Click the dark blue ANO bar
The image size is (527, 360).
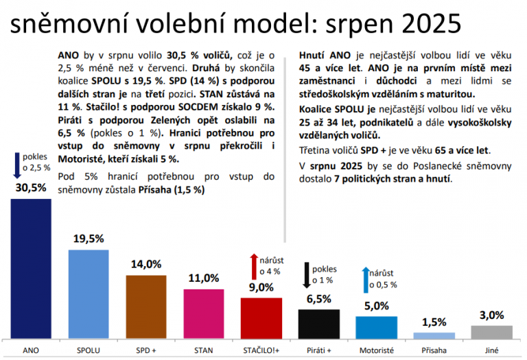click(31, 269)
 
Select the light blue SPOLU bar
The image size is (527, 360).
click(89, 294)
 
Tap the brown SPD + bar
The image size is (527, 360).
click(145, 307)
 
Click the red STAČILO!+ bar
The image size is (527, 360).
click(261, 318)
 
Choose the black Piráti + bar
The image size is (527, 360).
click(318, 324)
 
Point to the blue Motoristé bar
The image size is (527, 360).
click(376, 327)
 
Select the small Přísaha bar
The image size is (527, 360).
click(434, 335)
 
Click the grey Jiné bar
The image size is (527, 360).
click(491, 332)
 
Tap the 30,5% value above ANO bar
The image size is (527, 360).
click(31, 187)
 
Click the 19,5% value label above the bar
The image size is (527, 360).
click(89, 239)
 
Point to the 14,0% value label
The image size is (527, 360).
click(145, 264)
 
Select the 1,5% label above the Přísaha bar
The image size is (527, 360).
click(434, 322)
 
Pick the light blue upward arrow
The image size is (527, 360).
click(365, 279)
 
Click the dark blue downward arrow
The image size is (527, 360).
click(16, 165)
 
